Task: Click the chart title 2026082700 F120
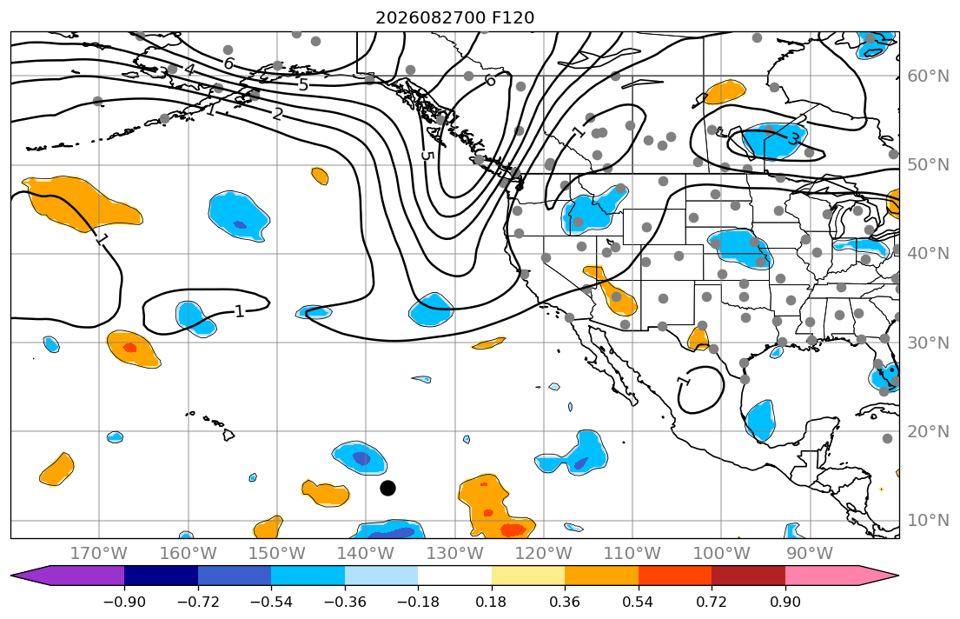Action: pyautogui.click(x=454, y=17)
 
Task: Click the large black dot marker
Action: pyautogui.click(x=387, y=488)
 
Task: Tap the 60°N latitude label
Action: pyautogui.click(x=928, y=76)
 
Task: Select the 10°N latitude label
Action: pyautogui.click(x=928, y=520)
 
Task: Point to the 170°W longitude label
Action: pyautogui.click(x=99, y=554)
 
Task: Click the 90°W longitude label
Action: pyautogui.click(x=810, y=554)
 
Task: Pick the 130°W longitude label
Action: pyautogui.click(x=454, y=554)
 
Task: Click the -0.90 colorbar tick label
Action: pyautogui.click(x=124, y=602)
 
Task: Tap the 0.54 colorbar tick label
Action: pyautogui.click(x=638, y=602)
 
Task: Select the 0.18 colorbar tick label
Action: pyautogui.click(x=491, y=602)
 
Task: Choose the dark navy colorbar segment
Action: pyautogui.click(x=161, y=576)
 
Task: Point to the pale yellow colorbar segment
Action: pyautogui.click(x=527, y=576)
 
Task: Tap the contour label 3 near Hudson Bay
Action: pyautogui.click(x=793, y=140)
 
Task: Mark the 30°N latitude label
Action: pyautogui.click(x=928, y=342)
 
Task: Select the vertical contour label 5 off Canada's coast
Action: pyautogui.click(x=427, y=156)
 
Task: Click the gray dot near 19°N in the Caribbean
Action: pyautogui.click(x=887, y=438)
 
